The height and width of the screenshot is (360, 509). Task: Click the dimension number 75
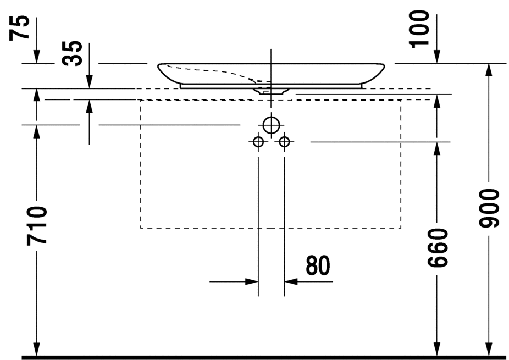click(19, 28)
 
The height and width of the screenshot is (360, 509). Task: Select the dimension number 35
click(72, 53)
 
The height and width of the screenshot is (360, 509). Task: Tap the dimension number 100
click(419, 29)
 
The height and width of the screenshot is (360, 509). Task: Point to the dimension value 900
click(489, 208)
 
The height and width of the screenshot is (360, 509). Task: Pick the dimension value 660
click(437, 248)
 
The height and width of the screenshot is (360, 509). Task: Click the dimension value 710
click(37, 225)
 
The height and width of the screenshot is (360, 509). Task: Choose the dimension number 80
click(318, 265)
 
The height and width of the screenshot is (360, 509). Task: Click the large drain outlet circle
click(271, 125)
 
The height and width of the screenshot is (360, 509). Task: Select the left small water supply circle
click(258, 142)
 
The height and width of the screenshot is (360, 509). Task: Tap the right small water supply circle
click(284, 142)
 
